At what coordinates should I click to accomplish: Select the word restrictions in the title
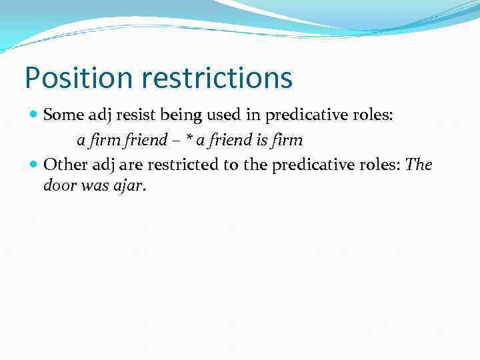pyautogui.click(x=217, y=78)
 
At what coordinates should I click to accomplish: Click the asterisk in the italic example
pyautogui.click(x=189, y=139)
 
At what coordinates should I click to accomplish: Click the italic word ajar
pyautogui.click(x=128, y=185)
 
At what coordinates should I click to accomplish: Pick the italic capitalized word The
pyautogui.click(x=419, y=165)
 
